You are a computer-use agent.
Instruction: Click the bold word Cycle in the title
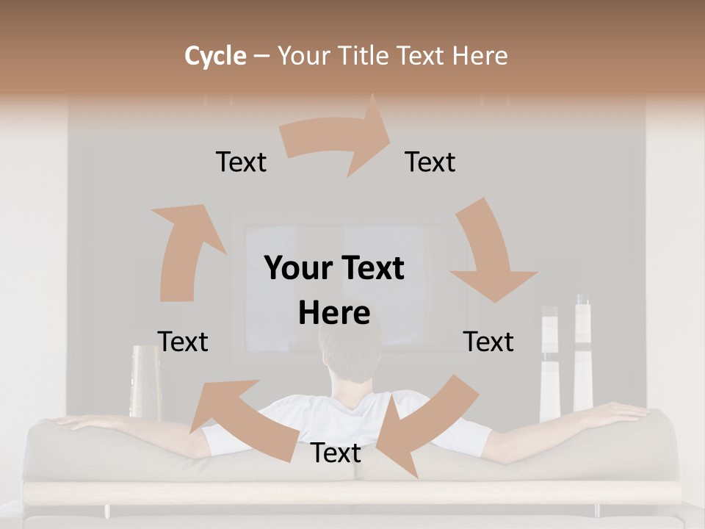(x=214, y=56)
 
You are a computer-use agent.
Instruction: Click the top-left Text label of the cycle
(x=241, y=162)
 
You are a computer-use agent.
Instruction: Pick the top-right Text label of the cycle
(x=430, y=162)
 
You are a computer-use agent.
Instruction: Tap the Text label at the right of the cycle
(x=488, y=342)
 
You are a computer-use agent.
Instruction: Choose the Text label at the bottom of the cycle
(x=336, y=453)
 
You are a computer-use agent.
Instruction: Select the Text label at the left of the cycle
(x=183, y=342)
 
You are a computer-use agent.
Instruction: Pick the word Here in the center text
(x=334, y=314)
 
